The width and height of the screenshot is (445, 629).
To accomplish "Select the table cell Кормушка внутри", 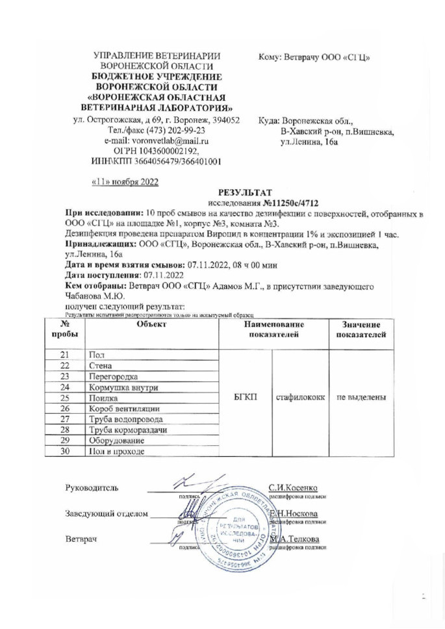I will (120, 387).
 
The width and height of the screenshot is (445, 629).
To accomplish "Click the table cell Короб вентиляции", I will (121, 409).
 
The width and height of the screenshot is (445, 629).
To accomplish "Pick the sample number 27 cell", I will (64, 419).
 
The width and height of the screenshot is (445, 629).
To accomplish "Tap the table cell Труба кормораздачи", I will (127, 430).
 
